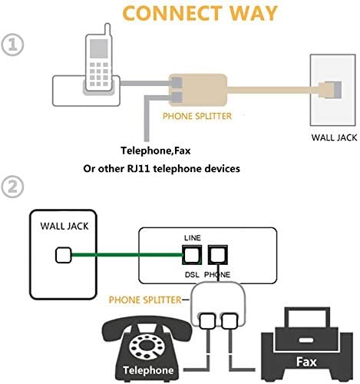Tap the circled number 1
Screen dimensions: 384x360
tap(12, 45)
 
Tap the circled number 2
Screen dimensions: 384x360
tap(12, 186)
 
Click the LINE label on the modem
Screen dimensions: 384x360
tap(192, 239)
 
